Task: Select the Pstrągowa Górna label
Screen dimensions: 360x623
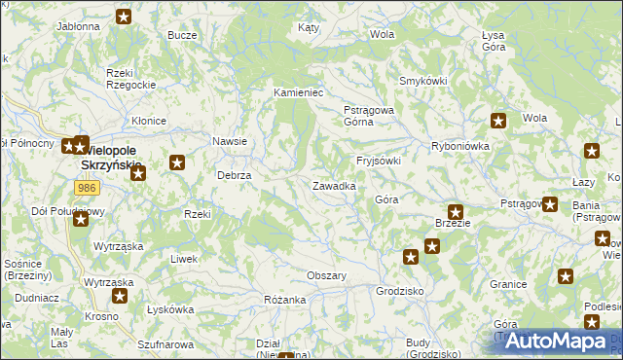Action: tap(369, 116)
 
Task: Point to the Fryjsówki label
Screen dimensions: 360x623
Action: tap(379, 161)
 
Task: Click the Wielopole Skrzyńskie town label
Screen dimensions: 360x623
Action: tap(107, 159)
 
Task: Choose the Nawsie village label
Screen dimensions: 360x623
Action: tap(230, 141)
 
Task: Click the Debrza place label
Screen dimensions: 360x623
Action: tap(235, 175)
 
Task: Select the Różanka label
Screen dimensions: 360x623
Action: tap(285, 300)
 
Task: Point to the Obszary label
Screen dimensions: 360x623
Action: tap(327, 275)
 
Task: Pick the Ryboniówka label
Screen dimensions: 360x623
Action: tap(459, 145)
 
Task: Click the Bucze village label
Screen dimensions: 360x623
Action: tap(182, 35)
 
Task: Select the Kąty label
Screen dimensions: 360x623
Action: tap(309, 28)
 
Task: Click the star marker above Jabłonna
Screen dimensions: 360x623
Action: tap(124, 16)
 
